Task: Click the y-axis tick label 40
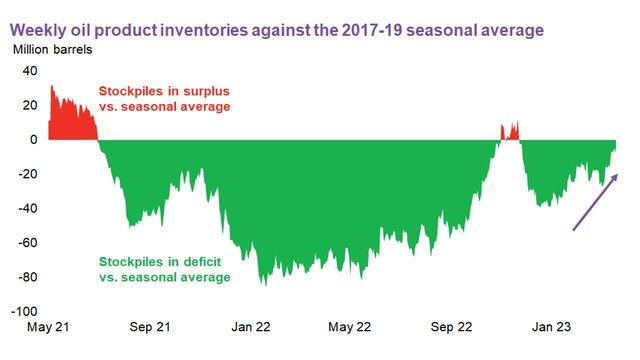click(29, 71)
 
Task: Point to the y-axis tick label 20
click(29, 105)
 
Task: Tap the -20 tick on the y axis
click(27, 174)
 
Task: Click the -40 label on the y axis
click(27, 209)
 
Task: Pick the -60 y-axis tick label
click(27, 243)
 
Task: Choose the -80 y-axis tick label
click(27, 278)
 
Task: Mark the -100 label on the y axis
click(24, 312)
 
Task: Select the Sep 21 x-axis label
click(149, 327)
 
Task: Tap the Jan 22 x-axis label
click(250, 327)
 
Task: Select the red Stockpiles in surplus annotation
click(164, 99)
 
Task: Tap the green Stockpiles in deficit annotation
click(163, 269)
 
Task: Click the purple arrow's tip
click(617, 174)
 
